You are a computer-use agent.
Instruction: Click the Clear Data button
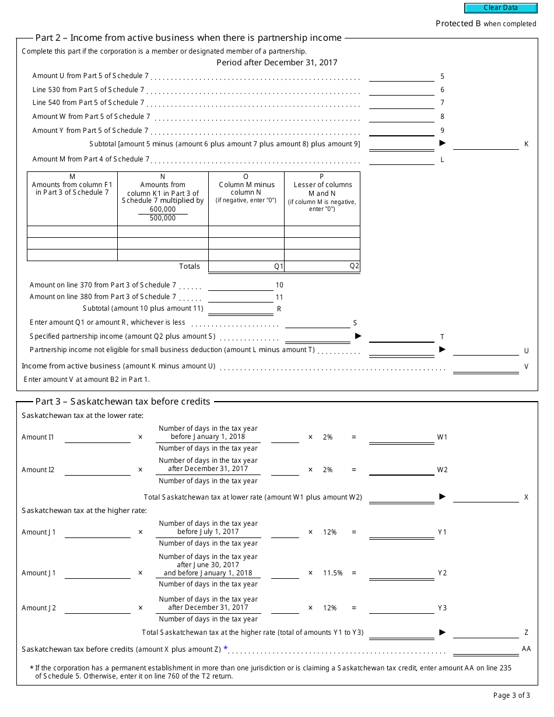(x=500, y=8)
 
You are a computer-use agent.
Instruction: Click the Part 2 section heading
(x=188, y=38)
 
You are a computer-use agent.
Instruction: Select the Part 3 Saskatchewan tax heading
(x=122, y=401)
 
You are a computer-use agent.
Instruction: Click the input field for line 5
(x=401, y=76)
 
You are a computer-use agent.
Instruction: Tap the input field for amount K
(x=485, y=144)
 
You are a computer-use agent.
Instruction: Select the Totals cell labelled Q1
(x=246, y=266)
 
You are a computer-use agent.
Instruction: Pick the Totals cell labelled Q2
(x=322, y=266)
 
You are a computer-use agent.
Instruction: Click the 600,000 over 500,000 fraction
(x=163, y=213)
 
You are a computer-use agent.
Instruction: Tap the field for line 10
(x=240, y=285)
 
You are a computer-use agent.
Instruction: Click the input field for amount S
(x=317, y=322)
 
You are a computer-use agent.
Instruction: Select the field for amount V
(x=485, y=366)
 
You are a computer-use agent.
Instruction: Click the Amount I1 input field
(x=97, y=437)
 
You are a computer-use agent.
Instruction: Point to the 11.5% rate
(x=333, y=573)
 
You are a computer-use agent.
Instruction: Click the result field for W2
(x=401, y=470)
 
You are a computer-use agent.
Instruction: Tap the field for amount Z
(x=485, y=632)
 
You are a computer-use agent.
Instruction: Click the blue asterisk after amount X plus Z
(x=226, y=648)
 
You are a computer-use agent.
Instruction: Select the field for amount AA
(x=485, y=649)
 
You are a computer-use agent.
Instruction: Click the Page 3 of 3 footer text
(x=511, y=695)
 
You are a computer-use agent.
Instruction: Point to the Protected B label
(x=486, y=24)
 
